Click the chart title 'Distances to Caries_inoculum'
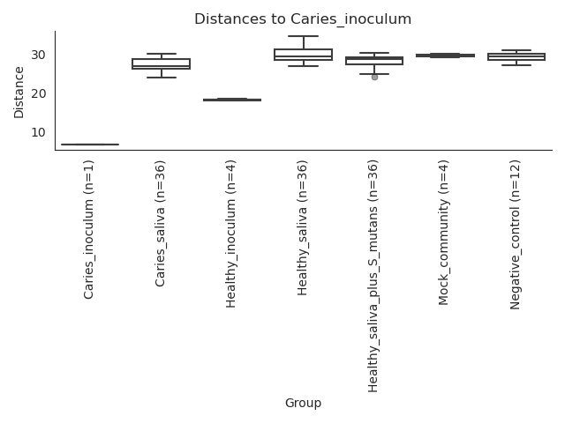click(x=303, y=19)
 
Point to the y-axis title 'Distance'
click(x=19, y=93)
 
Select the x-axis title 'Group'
click(x=303, y=403)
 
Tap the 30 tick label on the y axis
click(x=38, y=55)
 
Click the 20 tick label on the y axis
click(x=38, y=94)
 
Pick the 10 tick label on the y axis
click(x=38, y=132)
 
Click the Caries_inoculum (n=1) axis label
click(x=88, y=229)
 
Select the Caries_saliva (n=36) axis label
click(x=160, y=224)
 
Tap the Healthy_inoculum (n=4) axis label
click(x=230, y=234)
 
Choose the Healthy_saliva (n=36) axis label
click(x=302, y=228)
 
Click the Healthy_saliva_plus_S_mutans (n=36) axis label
click(x=373, y=276)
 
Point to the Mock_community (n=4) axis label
click(x=443, y=233)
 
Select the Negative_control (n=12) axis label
click(x=516, y=235)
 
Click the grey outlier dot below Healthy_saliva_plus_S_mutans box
click(x=374, y=77)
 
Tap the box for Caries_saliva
click(x=161, y=63)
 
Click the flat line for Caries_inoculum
click(x=90, y=145)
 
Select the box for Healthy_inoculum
click(x=232, y=100)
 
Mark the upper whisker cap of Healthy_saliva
click(x=304, y=36)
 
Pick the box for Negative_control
click(x=516, y=56)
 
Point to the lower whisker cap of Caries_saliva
click(x=162, y=78)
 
